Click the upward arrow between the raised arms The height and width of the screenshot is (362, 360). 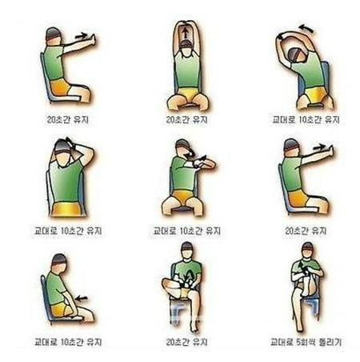point(185,34)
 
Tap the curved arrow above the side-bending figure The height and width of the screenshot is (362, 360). point(306,28)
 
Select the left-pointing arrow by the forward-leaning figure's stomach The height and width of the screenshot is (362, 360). point(82,298)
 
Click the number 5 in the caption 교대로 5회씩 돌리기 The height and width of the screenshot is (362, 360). point(299,342)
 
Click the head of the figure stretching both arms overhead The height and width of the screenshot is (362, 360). point(186,46)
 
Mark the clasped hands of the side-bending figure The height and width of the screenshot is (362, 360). point(280,37)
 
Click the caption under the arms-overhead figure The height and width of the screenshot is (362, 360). point(186,119)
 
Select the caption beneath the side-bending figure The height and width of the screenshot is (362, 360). point(306,119)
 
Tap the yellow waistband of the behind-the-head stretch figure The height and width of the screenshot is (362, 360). point(66,209)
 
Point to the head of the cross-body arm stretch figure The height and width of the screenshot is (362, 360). point(183,147)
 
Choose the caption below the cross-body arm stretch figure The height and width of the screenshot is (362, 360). point(186,231)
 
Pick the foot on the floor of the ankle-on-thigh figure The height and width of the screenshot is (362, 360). point(195,328)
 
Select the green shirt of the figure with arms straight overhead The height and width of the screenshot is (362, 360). point(187,71)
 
